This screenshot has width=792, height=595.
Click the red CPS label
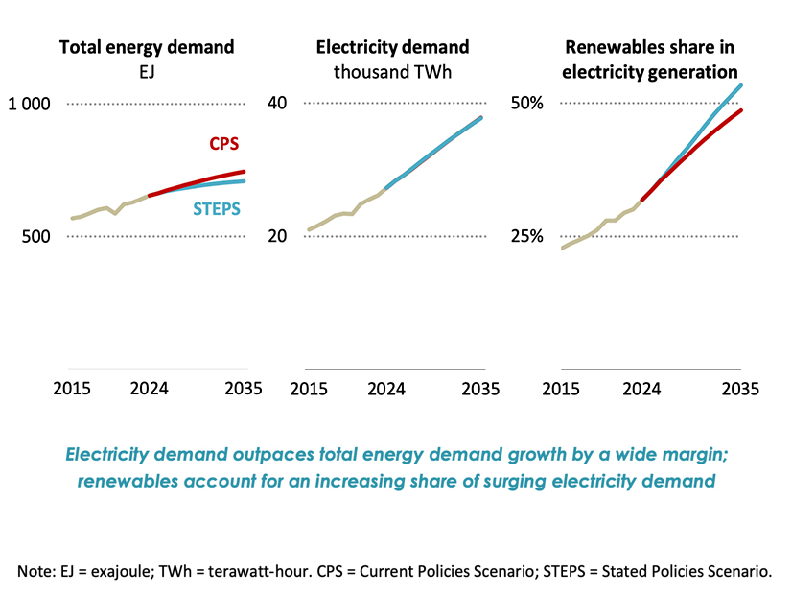(223, 144)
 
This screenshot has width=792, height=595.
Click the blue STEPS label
(217, 208)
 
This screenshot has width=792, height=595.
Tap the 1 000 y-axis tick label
(31, 104)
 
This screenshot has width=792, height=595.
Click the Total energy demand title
(147, 47)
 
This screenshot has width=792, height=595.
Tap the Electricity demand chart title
(393, 47)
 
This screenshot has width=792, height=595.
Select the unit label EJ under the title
(147, 71)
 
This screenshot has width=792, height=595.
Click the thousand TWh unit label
(393, 71)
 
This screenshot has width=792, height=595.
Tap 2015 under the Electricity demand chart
(309, 389)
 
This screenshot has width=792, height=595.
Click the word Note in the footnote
(36, 570)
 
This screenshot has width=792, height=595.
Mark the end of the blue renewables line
(741, 85)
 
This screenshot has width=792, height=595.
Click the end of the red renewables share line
(741, 110)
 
